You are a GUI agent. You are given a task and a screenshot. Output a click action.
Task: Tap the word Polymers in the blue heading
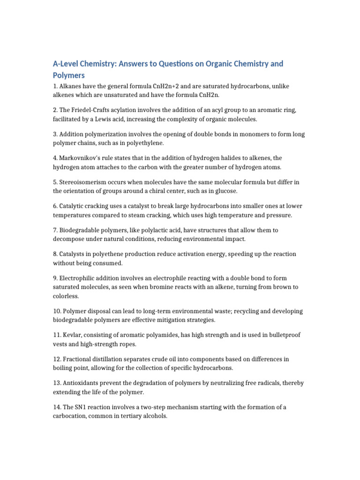click(x=68, y=75)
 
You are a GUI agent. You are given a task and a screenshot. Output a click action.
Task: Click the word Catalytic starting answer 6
click(x=73, y=206)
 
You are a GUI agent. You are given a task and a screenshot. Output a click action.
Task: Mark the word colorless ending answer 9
click(x=66, y=296)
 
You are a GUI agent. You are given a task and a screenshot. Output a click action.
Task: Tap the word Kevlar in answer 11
click(x=70, y=335)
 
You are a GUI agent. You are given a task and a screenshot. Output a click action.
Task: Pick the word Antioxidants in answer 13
click(x=80, y=383)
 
